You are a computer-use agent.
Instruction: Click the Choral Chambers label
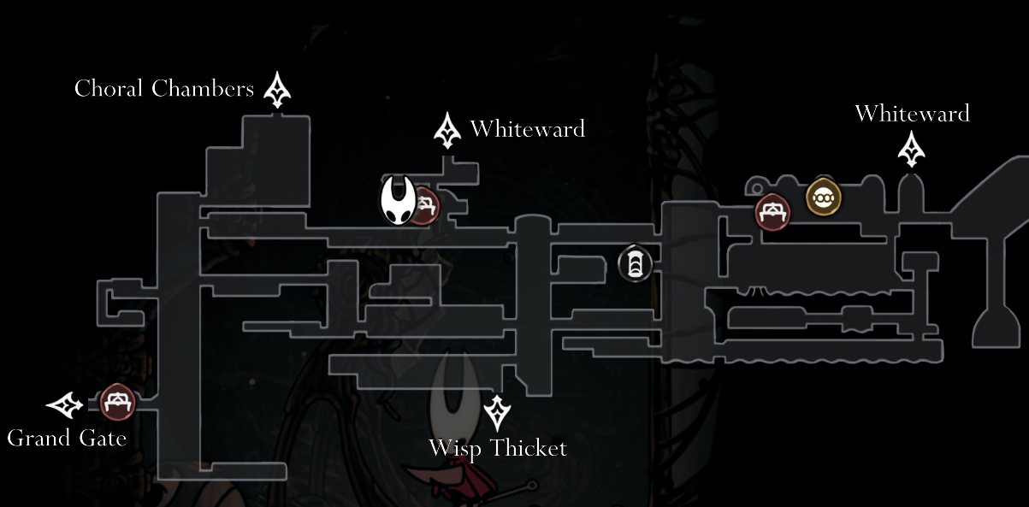tap(164, 89)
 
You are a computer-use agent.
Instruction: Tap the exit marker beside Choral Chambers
tap(277, 90)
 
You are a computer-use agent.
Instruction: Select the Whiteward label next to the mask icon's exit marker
tap(527, 129)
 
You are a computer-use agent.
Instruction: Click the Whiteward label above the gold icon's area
tap(912, 114)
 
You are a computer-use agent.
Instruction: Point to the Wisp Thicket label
tap(497, 448)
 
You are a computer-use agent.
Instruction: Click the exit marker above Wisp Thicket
tap(498, 413)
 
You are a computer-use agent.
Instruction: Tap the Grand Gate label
tap(67, 439)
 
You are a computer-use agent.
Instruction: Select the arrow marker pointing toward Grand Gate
tap(65, 404)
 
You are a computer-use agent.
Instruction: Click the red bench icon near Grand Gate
tap(117, 403)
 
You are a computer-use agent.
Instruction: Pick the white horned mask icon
tap(398, 200)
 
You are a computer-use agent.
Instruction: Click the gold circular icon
tap(824, 197)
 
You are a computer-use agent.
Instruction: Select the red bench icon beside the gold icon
tap(772, 211)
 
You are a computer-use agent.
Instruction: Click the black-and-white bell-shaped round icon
tap(635, 263)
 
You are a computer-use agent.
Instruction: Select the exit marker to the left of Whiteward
tap(446, 130)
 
